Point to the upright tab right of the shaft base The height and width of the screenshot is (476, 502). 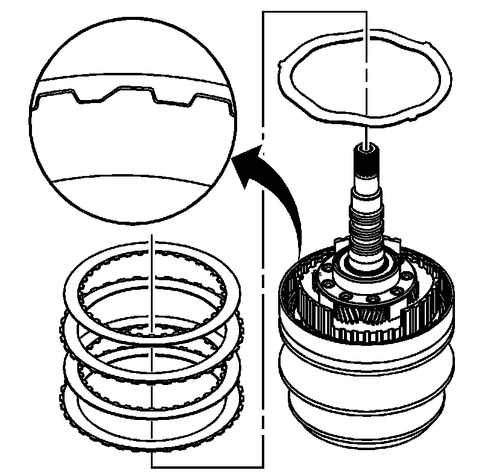[398, 244]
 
